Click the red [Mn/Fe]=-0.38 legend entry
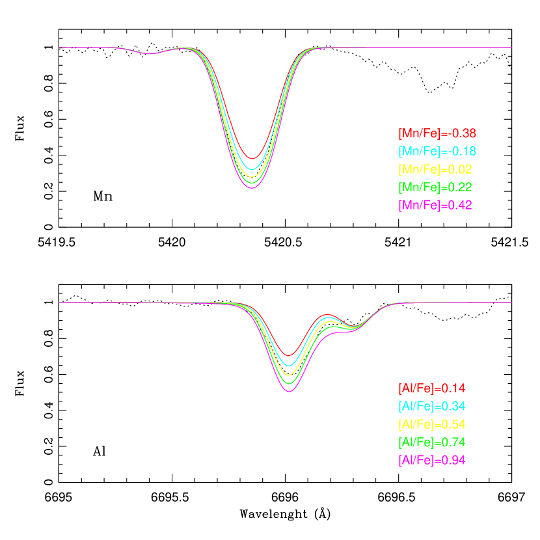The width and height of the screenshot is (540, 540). click(437, 133)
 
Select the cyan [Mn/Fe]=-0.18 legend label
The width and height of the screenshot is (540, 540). click(437, 152)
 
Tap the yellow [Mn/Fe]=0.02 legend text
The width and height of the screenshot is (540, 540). click(435, 169)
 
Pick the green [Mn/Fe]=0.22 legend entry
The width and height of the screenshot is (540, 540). click(435, 187)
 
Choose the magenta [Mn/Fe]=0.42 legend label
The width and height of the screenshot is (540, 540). click(435, 205)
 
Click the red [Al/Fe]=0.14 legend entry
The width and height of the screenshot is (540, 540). click(432, 388)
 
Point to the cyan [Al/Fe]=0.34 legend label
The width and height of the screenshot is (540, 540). click(432, 407)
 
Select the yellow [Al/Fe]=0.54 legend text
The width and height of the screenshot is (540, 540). click(432, 424)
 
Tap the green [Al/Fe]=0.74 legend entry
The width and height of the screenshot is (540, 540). click(432, 442)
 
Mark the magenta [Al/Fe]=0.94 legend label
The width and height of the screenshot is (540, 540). click(432, 460)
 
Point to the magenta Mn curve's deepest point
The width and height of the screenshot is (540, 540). click(252, 187)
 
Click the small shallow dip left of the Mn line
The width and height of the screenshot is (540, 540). click(150, 53)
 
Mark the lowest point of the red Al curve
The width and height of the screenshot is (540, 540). click(290, 355)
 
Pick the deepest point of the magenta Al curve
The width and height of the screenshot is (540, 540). click(290, 392)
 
